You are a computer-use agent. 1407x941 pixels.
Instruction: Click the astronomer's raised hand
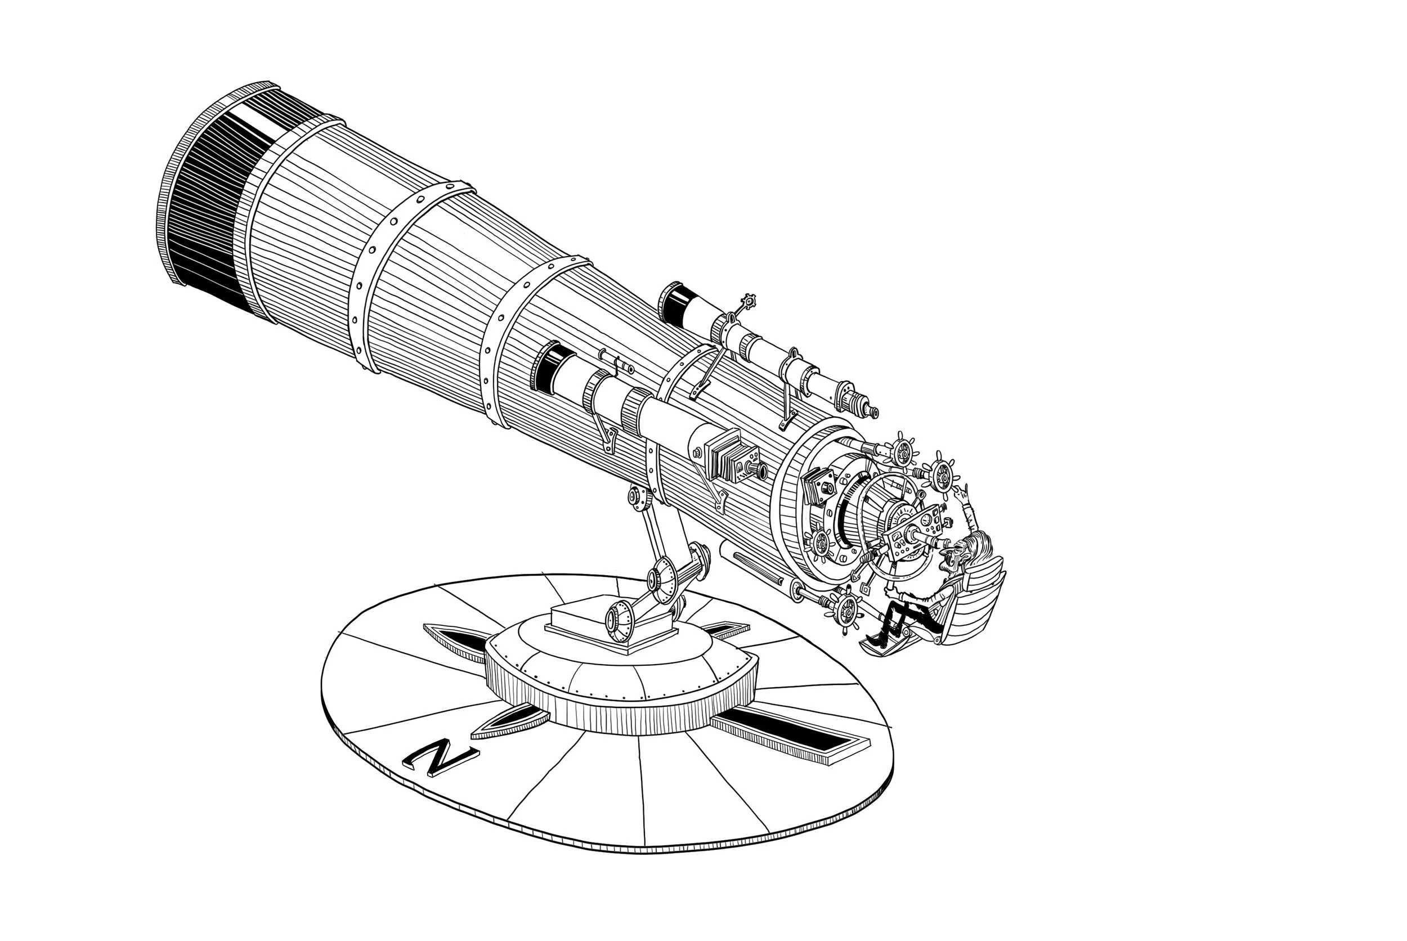click(962, 496)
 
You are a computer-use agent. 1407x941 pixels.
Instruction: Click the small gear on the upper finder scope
click(747, 300)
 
